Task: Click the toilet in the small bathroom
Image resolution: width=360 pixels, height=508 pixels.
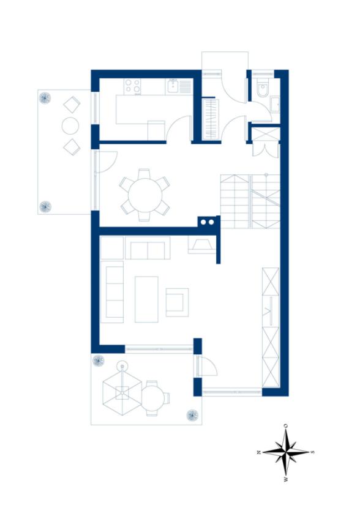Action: (x=263, y=88)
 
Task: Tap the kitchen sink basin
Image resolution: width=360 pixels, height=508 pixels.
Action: (x=173, y=87)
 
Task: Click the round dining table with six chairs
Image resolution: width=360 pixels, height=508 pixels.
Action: (x=145, y=195)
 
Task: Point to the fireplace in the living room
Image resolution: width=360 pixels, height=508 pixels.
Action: (x=201, y=245)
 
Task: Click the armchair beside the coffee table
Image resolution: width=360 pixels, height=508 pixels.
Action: (x=177, y=302)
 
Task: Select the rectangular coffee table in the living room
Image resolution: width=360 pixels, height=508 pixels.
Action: (x=146, y=299)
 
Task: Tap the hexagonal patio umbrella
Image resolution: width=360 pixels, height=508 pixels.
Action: (x=122, y=392)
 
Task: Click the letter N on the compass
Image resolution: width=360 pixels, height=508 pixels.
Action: (x=258, y=452)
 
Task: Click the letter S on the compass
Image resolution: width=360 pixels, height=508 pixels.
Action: (x=312, y=452)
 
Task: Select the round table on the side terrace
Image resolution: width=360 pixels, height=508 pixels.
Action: (x=70, y=125)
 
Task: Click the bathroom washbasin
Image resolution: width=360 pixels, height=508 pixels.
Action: (x=275, y=104)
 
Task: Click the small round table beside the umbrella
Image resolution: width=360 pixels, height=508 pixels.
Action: (x=154, y=397)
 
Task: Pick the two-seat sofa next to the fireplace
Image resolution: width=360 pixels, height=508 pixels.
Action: (x=148, y=248)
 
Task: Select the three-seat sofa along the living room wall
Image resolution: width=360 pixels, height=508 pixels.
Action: (x=112, y=292)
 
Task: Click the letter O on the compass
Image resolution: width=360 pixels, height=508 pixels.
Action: (x=285, y=425)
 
